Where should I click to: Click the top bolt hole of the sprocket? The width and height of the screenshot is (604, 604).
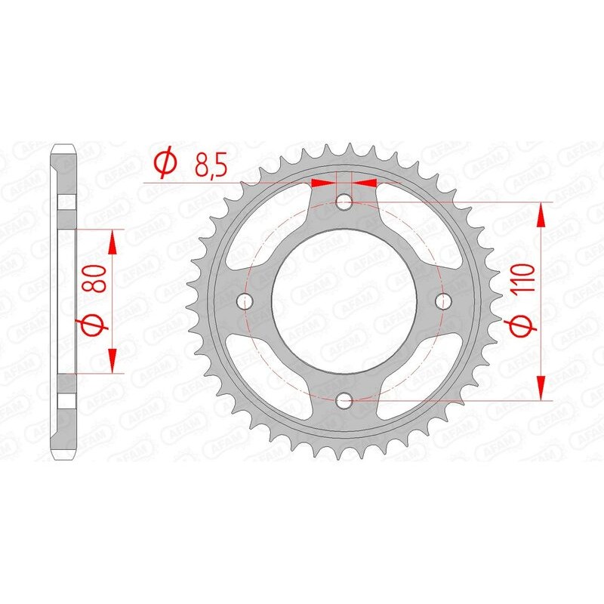[344, 202]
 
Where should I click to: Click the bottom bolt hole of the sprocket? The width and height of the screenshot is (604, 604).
[344, 401]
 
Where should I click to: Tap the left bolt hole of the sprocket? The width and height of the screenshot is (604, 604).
[244, 301]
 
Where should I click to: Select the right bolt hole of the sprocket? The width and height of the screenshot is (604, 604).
[444, 301]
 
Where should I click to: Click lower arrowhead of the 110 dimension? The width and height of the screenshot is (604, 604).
[541, 389]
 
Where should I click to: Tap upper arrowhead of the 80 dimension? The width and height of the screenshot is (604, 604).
[112, 242]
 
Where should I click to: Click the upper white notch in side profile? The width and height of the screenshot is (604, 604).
[66, 202]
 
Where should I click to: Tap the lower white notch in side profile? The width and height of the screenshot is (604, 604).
[66, 401]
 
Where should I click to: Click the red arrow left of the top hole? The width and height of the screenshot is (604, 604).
[323, 182]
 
